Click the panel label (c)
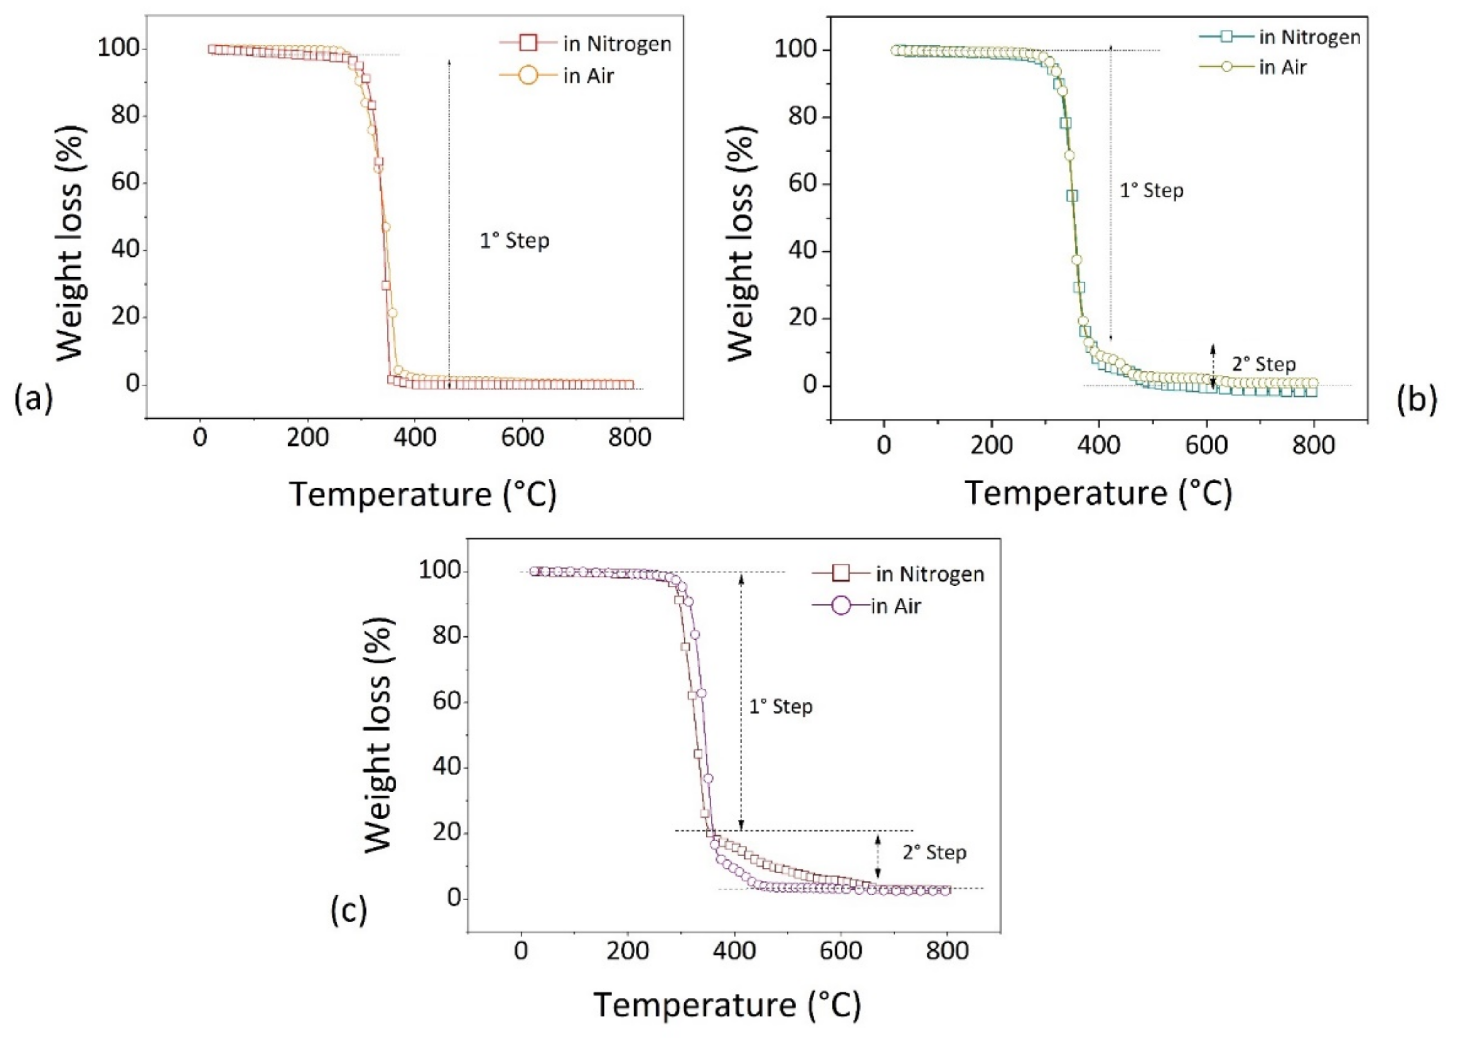349,910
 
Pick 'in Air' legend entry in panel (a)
588,76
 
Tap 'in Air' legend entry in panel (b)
1282,67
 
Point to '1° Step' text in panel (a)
514,241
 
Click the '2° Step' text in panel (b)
1264,364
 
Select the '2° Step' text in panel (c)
934,853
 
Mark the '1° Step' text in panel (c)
780,707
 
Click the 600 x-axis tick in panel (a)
522,438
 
